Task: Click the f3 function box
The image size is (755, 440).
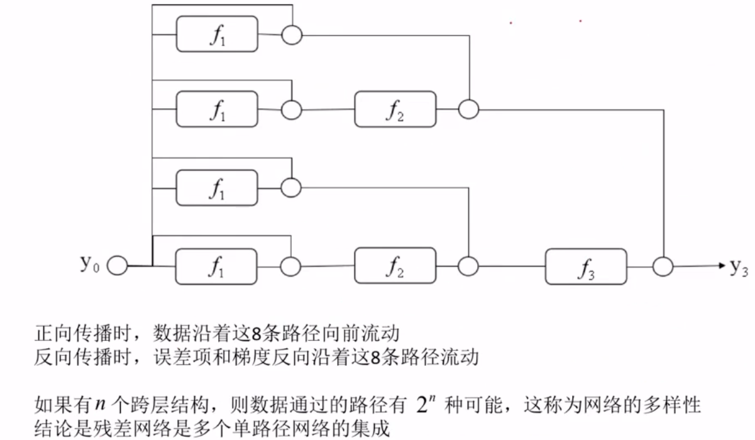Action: pos(586,267)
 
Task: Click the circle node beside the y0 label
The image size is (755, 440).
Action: pos(117,267)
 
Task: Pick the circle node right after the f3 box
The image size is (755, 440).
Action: pos(663,267)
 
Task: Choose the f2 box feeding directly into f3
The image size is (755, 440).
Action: pos(395,267)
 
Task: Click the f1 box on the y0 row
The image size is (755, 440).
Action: pos(217,267)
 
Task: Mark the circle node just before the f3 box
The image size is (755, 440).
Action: pos(468,267)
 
